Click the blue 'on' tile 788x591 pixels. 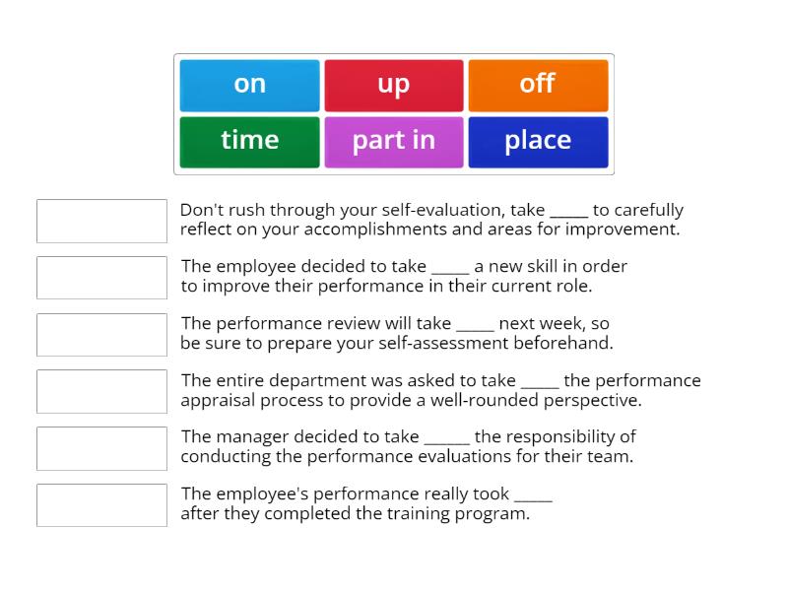249,85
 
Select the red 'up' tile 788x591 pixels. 393,85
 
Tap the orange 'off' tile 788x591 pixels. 537,85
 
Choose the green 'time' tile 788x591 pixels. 249,141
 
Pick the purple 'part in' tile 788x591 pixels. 393,141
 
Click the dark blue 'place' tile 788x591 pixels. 537,141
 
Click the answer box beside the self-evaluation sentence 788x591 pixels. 101,221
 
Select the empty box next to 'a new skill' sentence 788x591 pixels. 101,278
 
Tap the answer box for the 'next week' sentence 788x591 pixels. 101,335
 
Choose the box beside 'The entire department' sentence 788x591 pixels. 101,391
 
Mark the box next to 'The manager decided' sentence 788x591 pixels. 101,448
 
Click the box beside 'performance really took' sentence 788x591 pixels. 101,504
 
